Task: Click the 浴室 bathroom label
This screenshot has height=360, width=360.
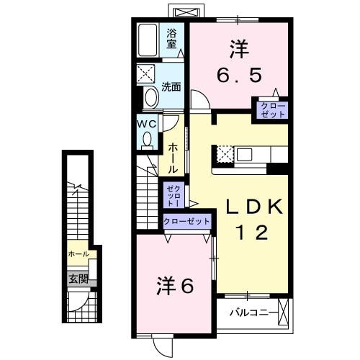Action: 172,37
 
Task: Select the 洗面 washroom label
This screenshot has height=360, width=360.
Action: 171,87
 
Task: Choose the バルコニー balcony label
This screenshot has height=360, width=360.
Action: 250,313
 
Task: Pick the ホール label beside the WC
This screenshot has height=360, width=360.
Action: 174,158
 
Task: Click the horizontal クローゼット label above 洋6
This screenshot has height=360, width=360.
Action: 186,222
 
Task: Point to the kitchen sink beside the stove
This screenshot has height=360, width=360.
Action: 245,154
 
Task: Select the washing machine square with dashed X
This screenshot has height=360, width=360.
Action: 148,73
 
